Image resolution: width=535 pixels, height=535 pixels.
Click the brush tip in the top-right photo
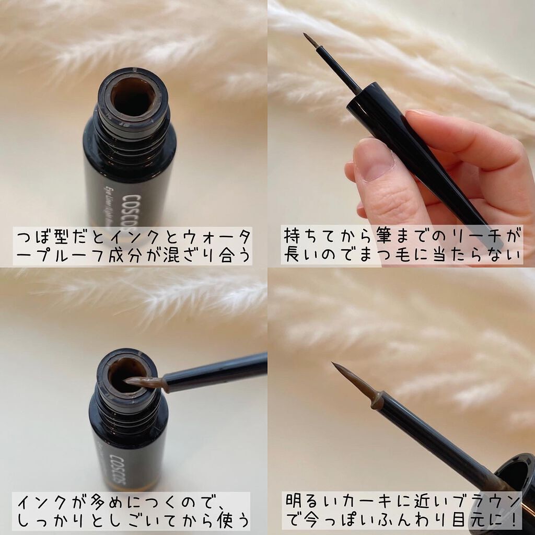310,40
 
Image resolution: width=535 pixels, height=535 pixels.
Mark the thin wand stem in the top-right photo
338,70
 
